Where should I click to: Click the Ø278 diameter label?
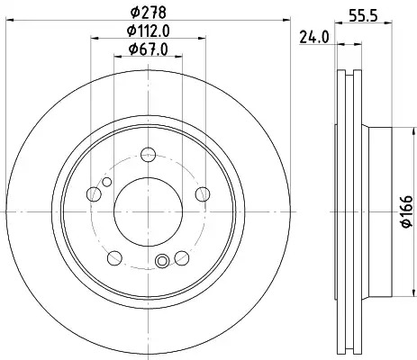click(149, 12)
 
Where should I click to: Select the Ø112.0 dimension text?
click(149, 31)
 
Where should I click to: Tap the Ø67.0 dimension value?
click(149, 49)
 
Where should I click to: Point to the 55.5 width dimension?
click(363, 15)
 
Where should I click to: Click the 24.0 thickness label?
click(314, 38)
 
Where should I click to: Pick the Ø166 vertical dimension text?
click(407, 211)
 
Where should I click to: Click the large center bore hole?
click(149, 211)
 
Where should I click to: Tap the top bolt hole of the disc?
click(149, 155)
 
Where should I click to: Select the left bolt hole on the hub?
click(94, 193)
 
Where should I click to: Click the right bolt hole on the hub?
click(203, 193)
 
